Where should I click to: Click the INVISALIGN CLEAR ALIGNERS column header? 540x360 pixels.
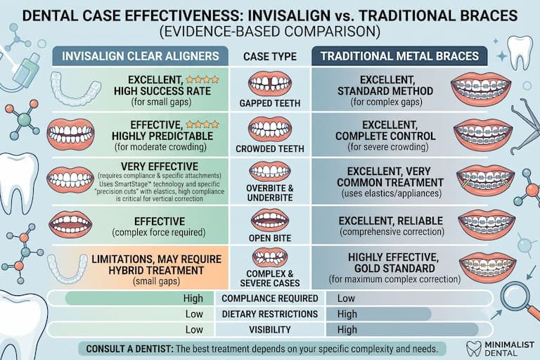[x=141, y=56]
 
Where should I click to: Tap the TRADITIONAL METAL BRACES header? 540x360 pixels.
[x=399, y=56]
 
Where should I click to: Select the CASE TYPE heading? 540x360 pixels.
[x=270, y=57]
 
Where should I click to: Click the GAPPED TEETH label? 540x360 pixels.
[x=270, y=103]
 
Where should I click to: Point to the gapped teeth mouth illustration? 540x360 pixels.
[x=270, y=84]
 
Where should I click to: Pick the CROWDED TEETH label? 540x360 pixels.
[x=270, y=149]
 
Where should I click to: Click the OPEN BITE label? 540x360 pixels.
[x=270, y=238]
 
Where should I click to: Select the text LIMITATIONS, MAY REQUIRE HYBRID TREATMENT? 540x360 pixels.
[x=156, y=264]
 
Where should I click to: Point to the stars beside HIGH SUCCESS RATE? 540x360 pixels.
[x=202, y=79]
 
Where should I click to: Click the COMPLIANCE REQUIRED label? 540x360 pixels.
[x=270, y=298]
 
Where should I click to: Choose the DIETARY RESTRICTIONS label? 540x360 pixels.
[x=270, y=314]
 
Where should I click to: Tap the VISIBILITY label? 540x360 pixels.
[x=270, y=330]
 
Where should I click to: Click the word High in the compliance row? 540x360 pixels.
[x=193, y=298]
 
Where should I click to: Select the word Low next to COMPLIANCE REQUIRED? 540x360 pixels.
[x=346, y=298]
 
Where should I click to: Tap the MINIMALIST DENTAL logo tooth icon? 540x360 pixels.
[x=474, y=349]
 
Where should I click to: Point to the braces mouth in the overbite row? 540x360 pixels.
[x=486, y=180]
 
